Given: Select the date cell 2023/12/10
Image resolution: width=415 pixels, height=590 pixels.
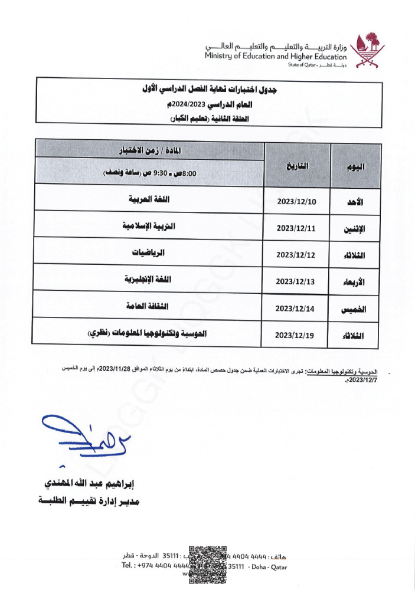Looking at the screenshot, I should pos(297,202).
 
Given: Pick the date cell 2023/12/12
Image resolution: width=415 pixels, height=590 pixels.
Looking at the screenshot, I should pos(297,255).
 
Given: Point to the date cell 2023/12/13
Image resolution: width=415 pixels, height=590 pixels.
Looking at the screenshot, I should pos(297,281).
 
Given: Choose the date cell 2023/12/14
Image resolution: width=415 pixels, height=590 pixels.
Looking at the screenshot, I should pos(297,308).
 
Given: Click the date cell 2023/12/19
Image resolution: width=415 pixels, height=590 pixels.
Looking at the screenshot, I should pos(297,335).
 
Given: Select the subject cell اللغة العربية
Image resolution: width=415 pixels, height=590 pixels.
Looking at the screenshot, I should pos(149,199).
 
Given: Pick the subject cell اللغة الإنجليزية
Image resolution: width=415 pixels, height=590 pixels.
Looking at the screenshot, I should pos(149,279).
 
